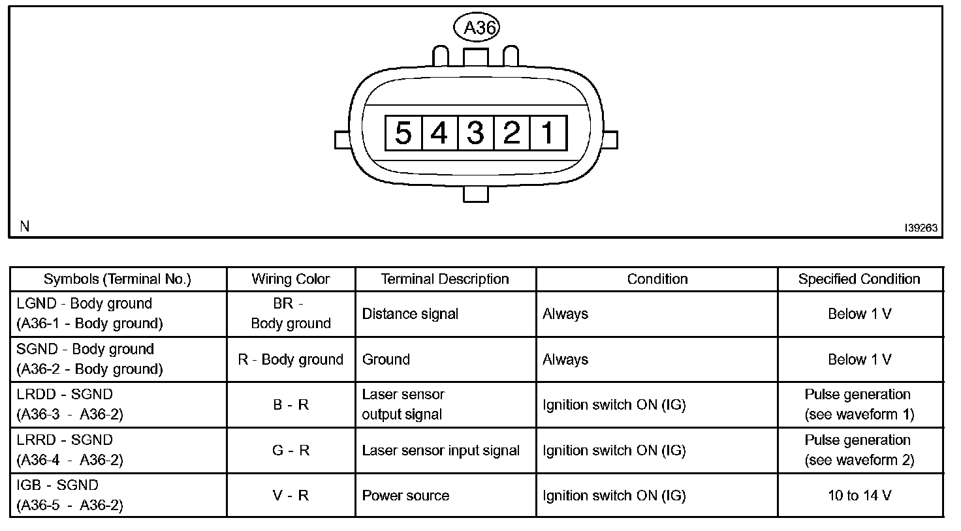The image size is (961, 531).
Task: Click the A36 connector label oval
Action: [x=476, y=27]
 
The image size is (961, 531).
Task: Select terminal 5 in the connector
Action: [x=403, y=133]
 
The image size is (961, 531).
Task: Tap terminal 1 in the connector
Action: [x=548, y=133]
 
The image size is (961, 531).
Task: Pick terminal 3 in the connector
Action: [x=476, y=133]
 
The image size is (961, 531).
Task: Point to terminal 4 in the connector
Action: [x=440, y=133]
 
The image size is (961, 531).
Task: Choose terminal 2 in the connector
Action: [x=512, y=133]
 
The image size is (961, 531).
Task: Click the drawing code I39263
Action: [x=921, y=228]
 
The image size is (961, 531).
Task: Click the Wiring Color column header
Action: [x=291, y=279]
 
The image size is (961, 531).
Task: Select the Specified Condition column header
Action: [x=859, y=279]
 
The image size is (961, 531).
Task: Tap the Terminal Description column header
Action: [x=445, y=279]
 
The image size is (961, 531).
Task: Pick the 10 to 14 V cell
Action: [x=859, y=495]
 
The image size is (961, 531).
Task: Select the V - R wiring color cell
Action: [x=291, y=495]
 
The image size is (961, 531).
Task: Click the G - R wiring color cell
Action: [x=291, y=450]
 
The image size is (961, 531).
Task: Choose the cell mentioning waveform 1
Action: [x=859, y=404]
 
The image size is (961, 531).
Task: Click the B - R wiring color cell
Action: [x=291, y=404]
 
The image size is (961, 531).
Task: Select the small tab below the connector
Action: [x=475, y=194]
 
